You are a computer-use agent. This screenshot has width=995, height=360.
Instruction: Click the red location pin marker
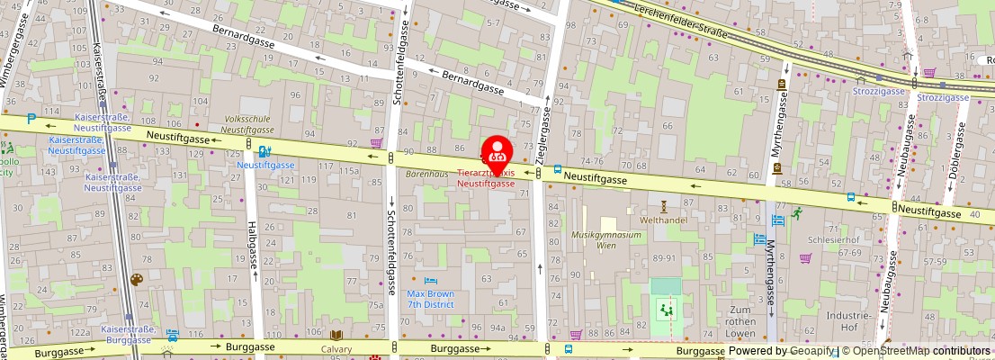pyautogui.click(x=497, y=152)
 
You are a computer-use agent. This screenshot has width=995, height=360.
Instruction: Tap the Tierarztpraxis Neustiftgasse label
pyautogui.click(x=486, y=177)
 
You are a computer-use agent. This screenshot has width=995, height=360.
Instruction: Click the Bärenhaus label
pyautogui.click(x=426, y=174)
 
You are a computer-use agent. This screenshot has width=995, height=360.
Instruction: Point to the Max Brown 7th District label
pyautogui.click(x=430, y=299)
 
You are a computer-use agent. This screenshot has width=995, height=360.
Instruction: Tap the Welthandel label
pyautogui.click(x=664, y=220)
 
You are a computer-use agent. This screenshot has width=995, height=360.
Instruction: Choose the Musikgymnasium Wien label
pyautogui.click(x=607, y=240)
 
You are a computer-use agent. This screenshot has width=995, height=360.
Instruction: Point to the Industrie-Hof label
pyautogui.click(x=846, y=322)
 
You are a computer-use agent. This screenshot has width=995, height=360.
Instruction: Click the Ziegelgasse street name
pyautogui.click(x=542, y=130)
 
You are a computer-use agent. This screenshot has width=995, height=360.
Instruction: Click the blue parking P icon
pyautogui.click(x=32, y=118)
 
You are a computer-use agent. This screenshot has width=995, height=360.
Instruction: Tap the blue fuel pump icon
pyautogui.click(x=264, y=152)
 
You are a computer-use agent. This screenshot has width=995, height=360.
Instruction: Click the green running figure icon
pyautogui.click(x=796, y=212)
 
